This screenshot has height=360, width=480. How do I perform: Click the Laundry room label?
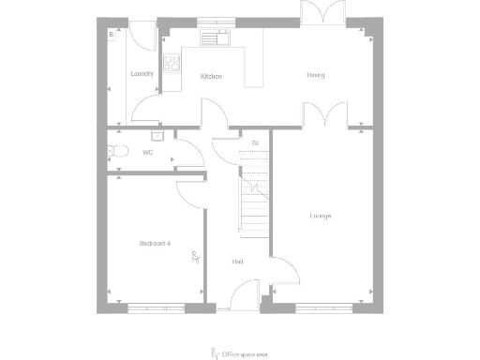142,73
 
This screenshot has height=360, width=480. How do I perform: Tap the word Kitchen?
212,76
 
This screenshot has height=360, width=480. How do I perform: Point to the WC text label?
147,151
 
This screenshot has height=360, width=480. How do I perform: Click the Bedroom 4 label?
155,243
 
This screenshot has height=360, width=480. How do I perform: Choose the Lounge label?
321,217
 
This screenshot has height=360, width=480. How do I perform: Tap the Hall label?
238,262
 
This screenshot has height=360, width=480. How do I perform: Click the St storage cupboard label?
254,142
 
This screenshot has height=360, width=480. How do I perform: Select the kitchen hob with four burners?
172,63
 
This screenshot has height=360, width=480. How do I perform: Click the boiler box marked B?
112,35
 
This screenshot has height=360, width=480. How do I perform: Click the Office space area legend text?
246,353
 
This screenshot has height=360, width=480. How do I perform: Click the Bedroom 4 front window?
156,307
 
